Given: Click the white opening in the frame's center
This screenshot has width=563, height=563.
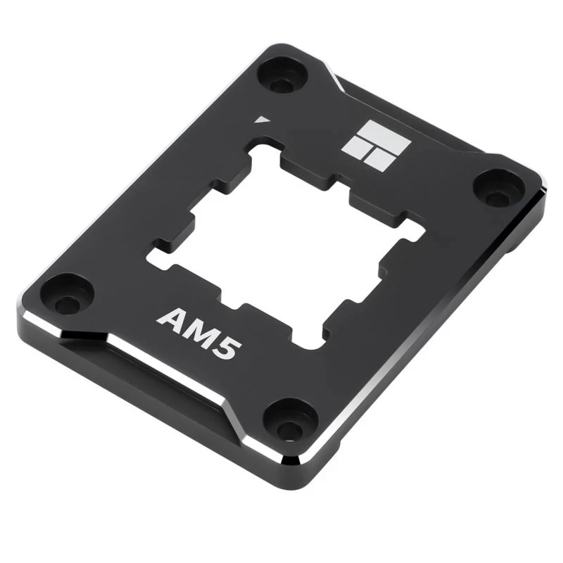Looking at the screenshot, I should point(281,239).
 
